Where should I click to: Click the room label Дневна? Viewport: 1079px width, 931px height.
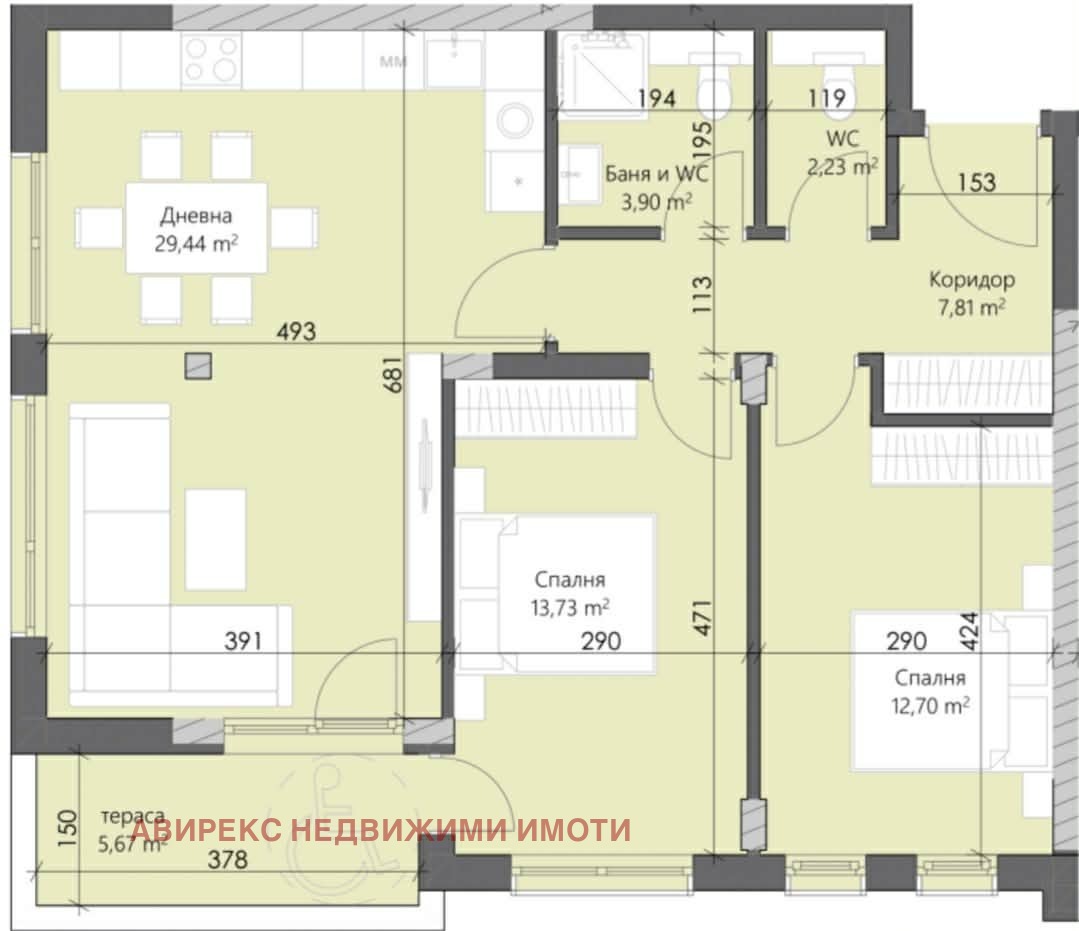tap(196, 215)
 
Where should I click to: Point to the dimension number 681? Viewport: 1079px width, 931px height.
tap(397, 375)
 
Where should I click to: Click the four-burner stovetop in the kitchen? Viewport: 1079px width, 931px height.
tap(212, 60)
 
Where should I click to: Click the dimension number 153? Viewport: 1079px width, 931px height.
tap(976, 182)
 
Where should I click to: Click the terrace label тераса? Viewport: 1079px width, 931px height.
tap(133, 817)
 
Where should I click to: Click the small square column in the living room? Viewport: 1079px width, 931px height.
tap(198, 366)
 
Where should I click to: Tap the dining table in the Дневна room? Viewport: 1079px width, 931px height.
tap(196, 227)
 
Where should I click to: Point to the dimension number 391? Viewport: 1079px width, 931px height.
tap(243, 641)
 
